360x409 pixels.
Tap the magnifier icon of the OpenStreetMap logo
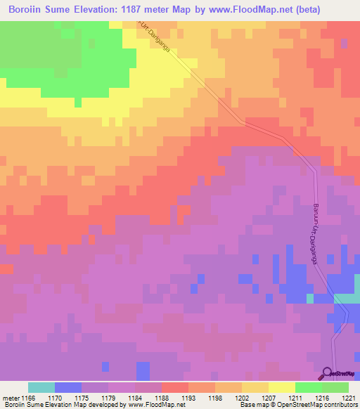(x=327, y=372)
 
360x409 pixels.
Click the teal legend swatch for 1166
(x=41, y=387)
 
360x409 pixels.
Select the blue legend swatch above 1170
(x=67, y=387)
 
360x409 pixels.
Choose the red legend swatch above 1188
(x=174, y=387)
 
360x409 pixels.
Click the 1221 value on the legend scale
(x=349, y=398)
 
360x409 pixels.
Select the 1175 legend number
(x=82, y=398)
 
